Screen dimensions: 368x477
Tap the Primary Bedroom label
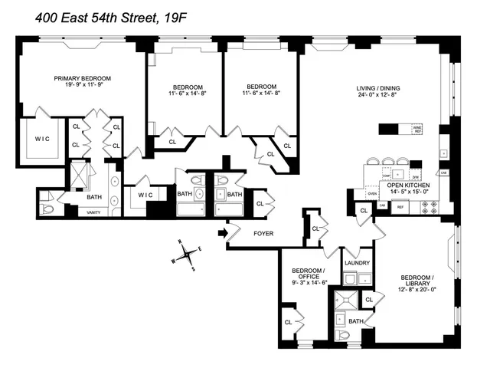pyautogui.click(x=83, y=78)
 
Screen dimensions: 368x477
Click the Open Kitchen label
pyautogui.click(x=407, y=186)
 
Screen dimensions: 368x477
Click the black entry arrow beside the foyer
pyautogui.click(x=222, y=233)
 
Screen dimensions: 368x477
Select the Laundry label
pyautogui.click(x=357, y=263)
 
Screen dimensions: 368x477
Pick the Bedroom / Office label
pyautogui.click(x=309, y=274)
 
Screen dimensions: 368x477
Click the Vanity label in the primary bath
pyautogui.click(x=93, y=212)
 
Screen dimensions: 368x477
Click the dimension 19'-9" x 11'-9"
pyautogui.click(x=83, y=86)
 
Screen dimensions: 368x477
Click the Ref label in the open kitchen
pyautogui.click(x=400, y=207)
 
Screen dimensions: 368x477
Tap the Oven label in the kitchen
pyautogui.click(x=372, y=194)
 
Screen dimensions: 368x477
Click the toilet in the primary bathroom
pyautogui.click(x=47, y=206)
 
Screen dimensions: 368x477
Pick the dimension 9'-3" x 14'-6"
pyautogui.click(x=309, y=283)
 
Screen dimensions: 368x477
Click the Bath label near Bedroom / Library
pyautogui.click(x=354, y=321)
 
